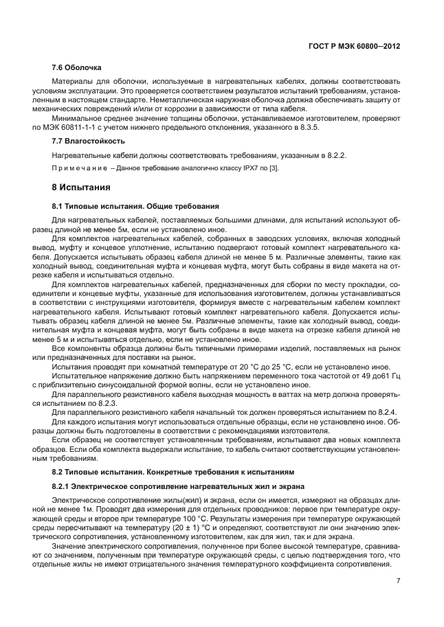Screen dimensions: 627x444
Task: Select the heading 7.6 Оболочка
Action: [77, 68]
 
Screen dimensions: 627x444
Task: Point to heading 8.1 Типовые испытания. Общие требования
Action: [135, 205]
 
